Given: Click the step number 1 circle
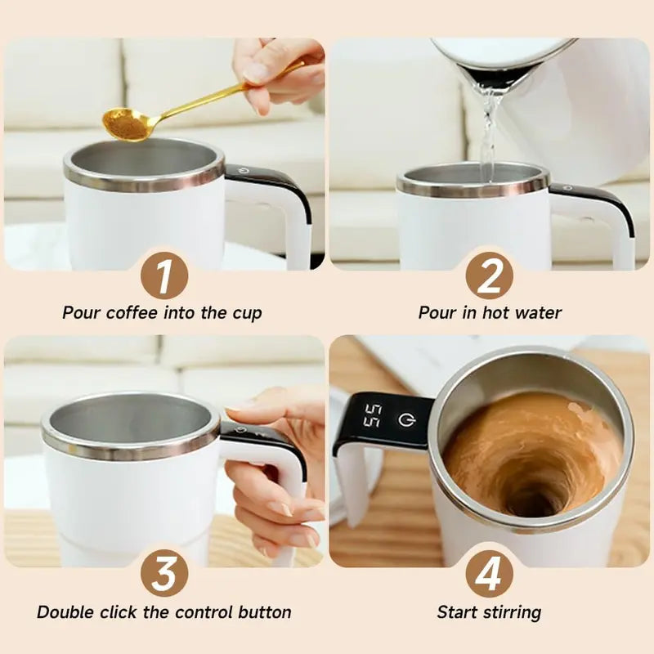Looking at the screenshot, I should click(x=164, y=275).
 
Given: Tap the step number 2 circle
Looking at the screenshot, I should click(x=489, y=275).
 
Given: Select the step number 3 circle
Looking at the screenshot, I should click(x=164, y=574).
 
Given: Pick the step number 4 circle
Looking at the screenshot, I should click(x=489, y=574).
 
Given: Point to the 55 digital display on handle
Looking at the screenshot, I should click(x=372, y=416).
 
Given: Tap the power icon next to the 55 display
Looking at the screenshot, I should click(x=405, y=419).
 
